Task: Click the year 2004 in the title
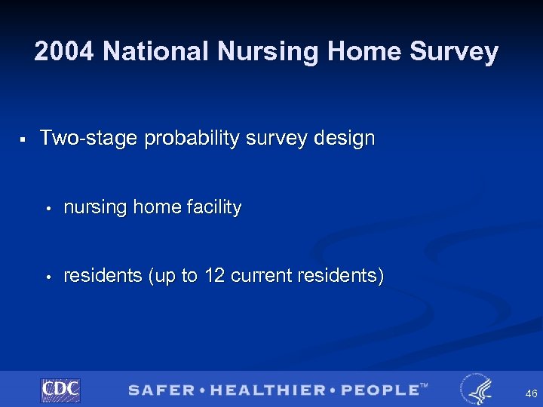tap(64, 52)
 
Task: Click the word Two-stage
tap(88, 139)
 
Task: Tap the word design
tap(344, 139)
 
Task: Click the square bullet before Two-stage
tap(24, 139)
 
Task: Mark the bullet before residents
tap(47, 277)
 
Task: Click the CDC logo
tap(60, 390)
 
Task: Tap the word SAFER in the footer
tap(161, 390)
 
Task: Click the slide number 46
tap(531, 393)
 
